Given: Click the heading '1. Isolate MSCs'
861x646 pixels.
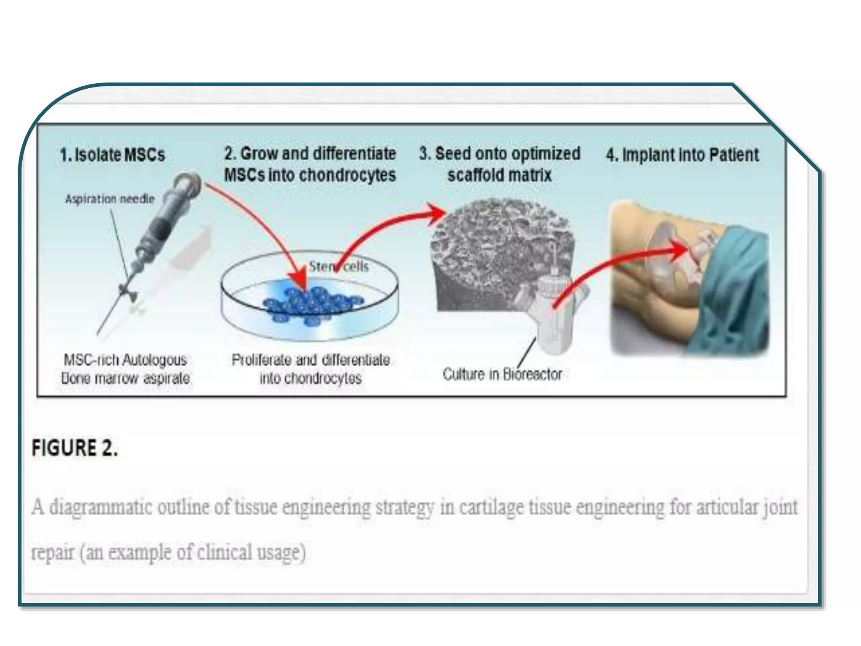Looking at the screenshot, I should (x=112, y=155).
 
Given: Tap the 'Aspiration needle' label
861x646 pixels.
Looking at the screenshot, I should (x=110, y=199).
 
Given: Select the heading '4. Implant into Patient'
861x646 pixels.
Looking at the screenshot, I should (x=682, y=155).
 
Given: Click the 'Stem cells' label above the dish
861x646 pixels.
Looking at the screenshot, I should (x=339, y=266).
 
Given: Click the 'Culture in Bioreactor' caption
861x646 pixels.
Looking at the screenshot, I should (x=502, y=374).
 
